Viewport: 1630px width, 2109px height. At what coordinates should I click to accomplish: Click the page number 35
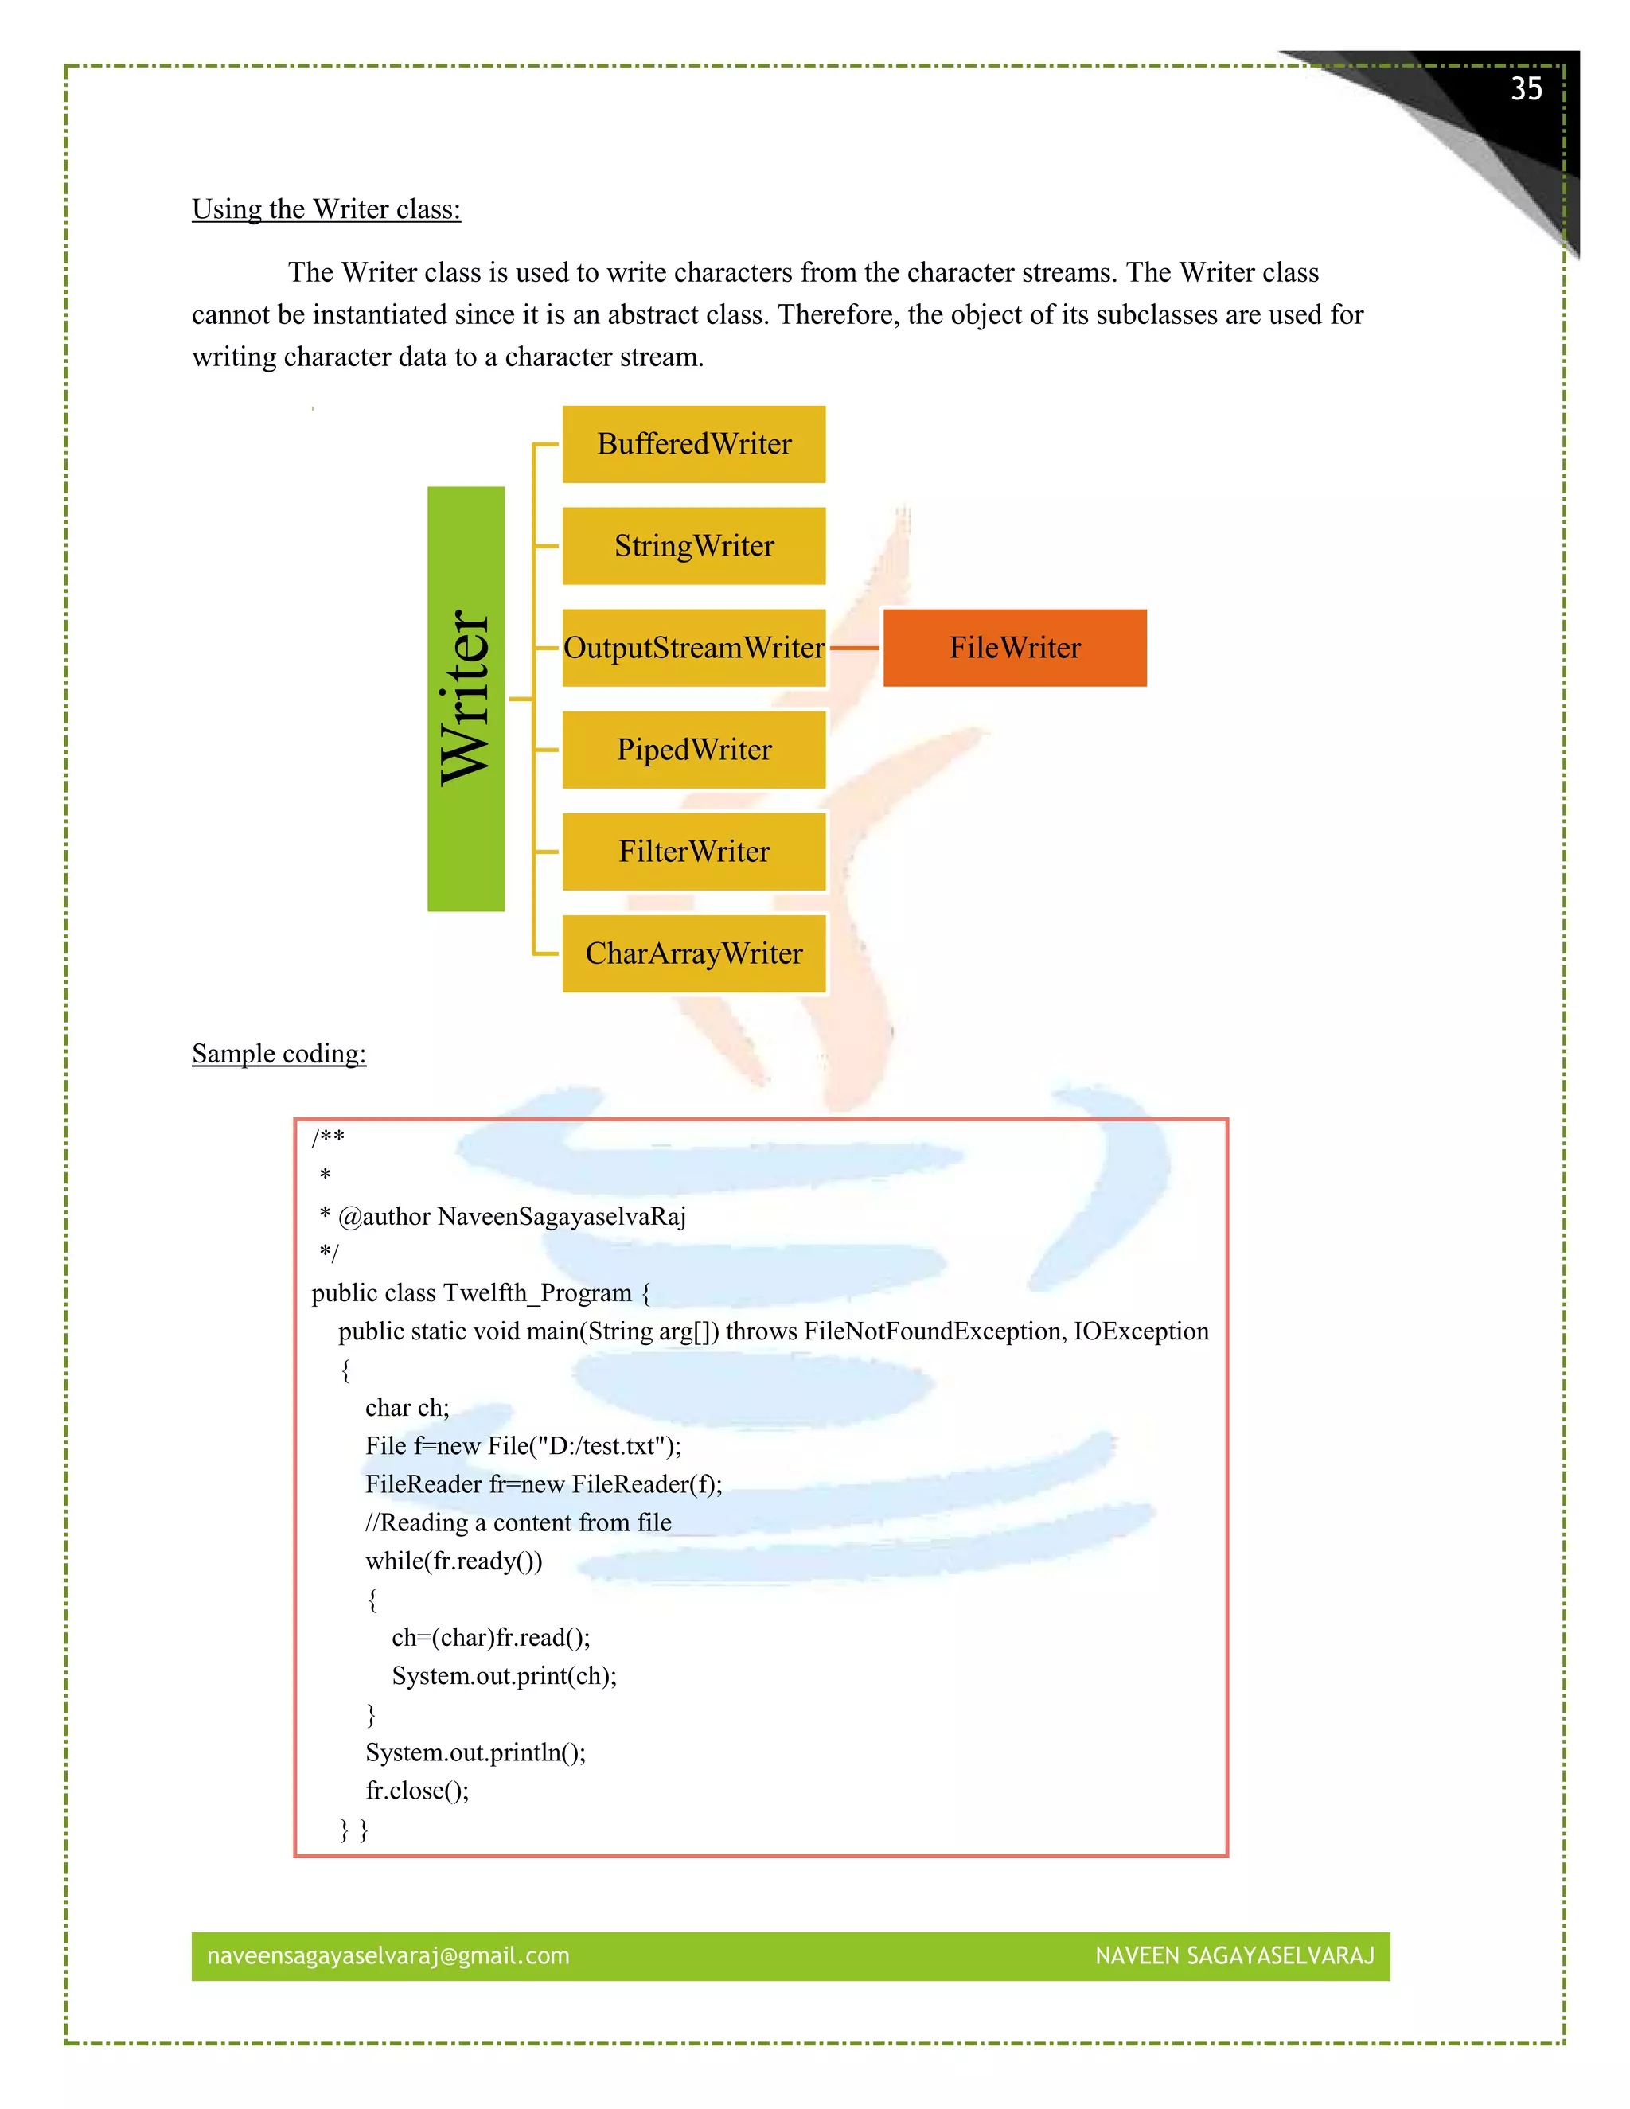click(x=1526, y=89)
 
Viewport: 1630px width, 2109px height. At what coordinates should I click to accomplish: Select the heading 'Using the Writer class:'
click(x=326, y=209)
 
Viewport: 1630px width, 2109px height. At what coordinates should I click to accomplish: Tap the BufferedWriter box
click(x=693, y=444)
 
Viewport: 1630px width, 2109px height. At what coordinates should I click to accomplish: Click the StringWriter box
click(x=693, y=546)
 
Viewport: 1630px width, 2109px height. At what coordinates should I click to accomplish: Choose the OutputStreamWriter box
click(x=693, y=648)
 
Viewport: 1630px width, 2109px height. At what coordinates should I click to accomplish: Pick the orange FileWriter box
click(x=1014, y=648)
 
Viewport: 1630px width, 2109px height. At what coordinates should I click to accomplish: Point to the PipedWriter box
click(x=693, y=750)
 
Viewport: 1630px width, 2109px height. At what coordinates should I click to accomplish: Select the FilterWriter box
click(x=693, y=852)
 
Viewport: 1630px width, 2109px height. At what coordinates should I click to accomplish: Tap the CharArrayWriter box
click(x=693, y=953)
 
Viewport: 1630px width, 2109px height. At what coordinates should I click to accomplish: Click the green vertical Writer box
click(x=466, y=698)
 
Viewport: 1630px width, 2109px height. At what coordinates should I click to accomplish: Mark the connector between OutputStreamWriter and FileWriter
click(x=855, y=648)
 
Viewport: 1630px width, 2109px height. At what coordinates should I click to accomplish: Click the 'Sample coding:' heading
click(x=279, y=1053)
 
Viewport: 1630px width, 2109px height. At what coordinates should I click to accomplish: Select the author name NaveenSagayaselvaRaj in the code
click(x=561, y=1216)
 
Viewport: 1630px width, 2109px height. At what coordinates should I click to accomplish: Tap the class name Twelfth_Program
click(x=537, y=1293)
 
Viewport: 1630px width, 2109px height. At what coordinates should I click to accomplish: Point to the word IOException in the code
click(x=1141, y=1331)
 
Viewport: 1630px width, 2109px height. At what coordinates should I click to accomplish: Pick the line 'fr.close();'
click(x=417, y=1791)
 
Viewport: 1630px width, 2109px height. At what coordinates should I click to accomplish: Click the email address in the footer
click(x=388, y=1955)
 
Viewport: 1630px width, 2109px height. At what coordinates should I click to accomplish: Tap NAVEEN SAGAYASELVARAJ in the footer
click(x=1234, y=1955)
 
